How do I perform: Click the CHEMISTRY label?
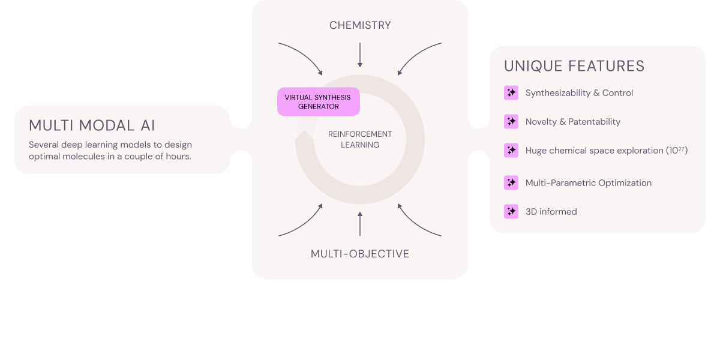click(360, 25)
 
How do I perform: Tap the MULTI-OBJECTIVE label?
click(360, 254)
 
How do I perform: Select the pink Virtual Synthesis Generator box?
click(318, 102)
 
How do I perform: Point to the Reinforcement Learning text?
click(360, 139)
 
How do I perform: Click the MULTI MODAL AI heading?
click(92, 126)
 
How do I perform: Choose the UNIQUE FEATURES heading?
click(574, 66)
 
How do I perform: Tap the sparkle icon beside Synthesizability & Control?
click(511, 93)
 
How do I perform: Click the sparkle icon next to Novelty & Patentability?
click(511, 122)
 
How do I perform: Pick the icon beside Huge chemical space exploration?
click(511, 151)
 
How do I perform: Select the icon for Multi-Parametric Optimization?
click(511, 182)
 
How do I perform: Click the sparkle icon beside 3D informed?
click(511, 211)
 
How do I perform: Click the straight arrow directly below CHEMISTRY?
click(360, 55)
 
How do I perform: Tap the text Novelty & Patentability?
click(573, 122)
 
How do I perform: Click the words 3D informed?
click(551, 211)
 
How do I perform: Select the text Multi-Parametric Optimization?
click(588, 183)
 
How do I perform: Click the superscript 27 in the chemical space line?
click(682, 148)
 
